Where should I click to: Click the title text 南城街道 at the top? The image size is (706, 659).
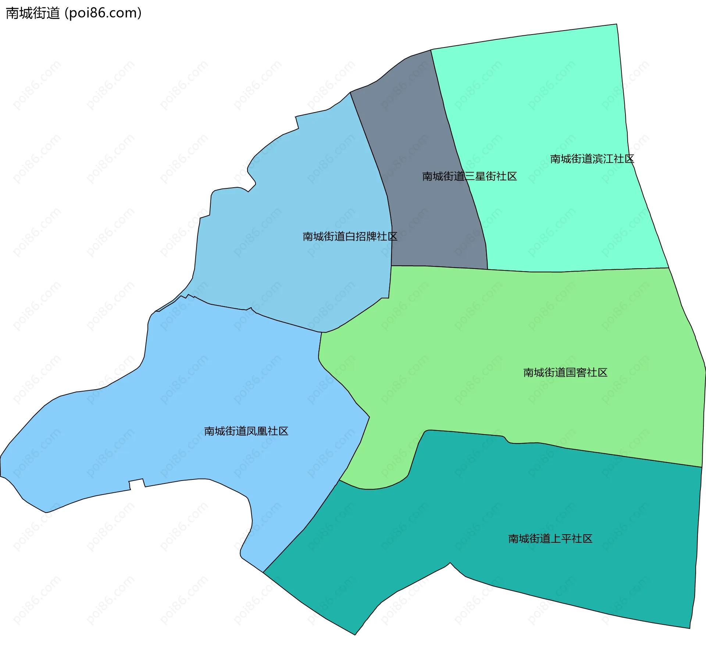click(x=33, y=13)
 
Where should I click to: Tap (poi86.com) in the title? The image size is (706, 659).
click(x=103, y=13)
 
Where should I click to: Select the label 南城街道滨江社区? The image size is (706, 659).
click(x=592, y=159)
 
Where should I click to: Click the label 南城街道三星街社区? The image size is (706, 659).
click(x=469, y=177)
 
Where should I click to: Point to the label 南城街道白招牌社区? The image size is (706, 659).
click(x=350, y=237)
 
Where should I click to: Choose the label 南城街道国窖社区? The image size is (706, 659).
click(x=565, y=373)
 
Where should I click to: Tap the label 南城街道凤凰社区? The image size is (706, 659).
click(x=246, y=431)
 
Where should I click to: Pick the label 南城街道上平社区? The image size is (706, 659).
click(x=550, y=539)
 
